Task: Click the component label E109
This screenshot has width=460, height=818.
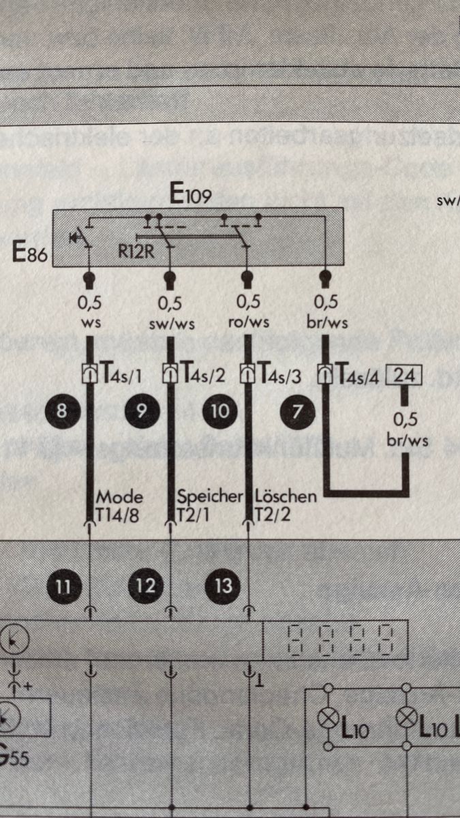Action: point(191,196)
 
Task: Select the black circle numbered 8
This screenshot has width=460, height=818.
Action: point(62,410)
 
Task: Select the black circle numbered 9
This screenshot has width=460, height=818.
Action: point(142,410)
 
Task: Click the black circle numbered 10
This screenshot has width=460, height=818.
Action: point(220,410)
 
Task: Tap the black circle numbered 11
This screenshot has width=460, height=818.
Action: point(62,586)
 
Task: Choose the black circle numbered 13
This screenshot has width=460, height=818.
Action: point(223,586)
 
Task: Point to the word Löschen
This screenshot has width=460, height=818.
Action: point(286,496)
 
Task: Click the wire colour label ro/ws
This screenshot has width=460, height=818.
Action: point(247,322)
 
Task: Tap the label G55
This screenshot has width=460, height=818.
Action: point(14,758)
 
